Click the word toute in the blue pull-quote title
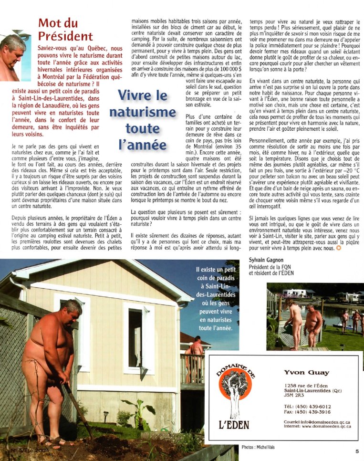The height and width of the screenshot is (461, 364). coord(142,128)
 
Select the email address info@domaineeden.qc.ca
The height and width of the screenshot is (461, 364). coord(325,422)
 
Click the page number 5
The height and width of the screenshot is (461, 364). coord(356,451)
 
